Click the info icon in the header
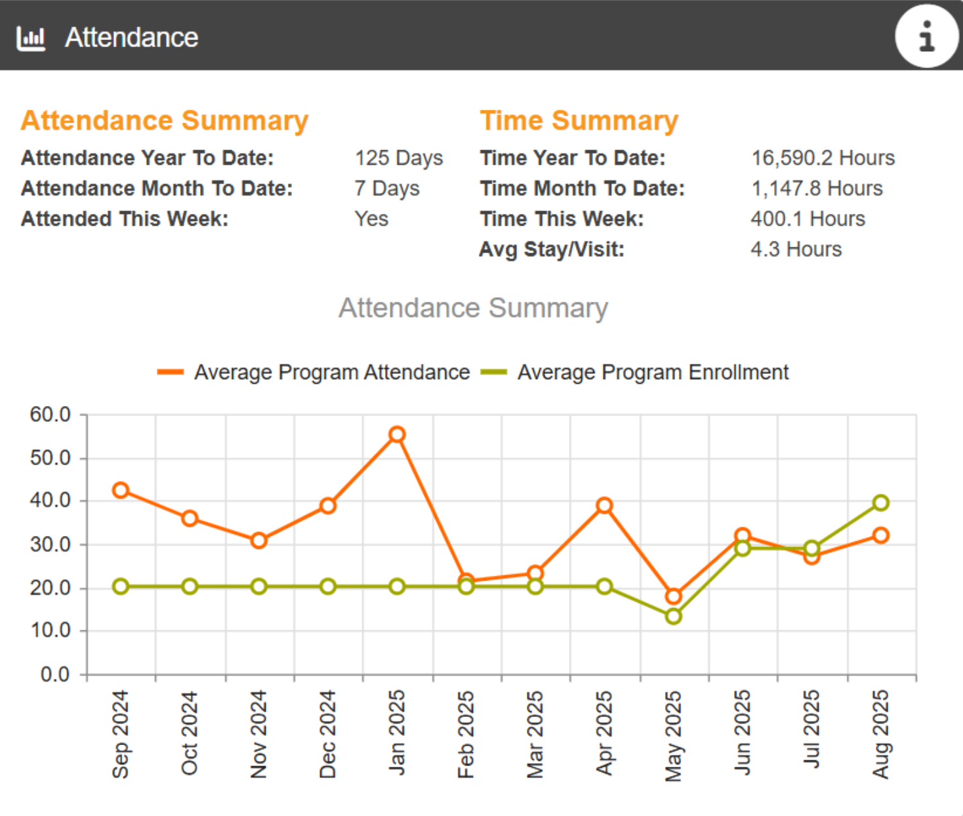coord(926,36)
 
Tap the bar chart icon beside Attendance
coord(31,38)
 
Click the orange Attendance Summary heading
coord(164,121)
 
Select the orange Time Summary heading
coord(579,121)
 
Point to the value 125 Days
coord(398,158)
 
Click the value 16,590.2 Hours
coord(823,158)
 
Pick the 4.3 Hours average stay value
coord(796,249)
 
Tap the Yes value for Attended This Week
coord(371,218)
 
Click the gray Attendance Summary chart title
coord(473,308)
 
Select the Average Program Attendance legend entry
coord(314,372)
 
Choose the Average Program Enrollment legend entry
coord(634,372)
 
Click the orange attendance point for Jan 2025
coord(397,434)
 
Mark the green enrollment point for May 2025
coord(673,616)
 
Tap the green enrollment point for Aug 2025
coord(880,502)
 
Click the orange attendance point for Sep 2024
coord(121,490)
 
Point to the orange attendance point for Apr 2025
coord(604,505)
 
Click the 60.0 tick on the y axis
coord(50,415)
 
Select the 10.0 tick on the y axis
coord(50,630)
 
